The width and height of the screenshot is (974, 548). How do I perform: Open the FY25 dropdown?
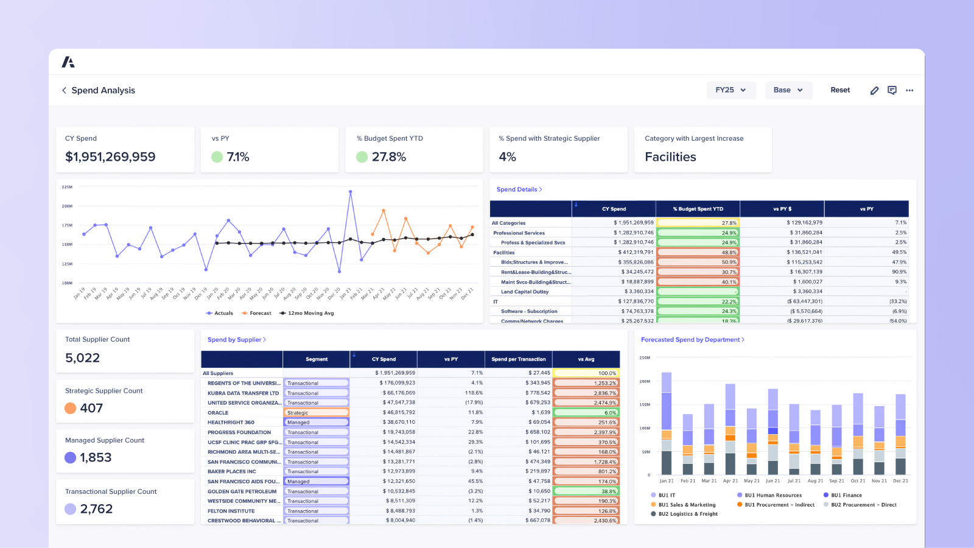[x=730, y=90]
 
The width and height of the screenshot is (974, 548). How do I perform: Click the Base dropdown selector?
[x=788, y=90]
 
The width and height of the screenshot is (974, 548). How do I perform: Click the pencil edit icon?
[x=874, y=90]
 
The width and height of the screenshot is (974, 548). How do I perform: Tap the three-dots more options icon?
[x=909, y=90]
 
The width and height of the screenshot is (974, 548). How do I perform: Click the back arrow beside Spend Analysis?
[x=64, y=90]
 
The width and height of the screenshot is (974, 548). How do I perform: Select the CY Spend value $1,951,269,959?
[x=110, y=157]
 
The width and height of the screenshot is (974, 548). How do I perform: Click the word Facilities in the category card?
[x=670, y=157]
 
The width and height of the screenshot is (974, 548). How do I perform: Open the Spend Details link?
[x=519, y=189]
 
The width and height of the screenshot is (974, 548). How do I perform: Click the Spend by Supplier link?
[x=236, y=340]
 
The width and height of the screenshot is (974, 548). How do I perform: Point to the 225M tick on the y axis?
[x=67, y=187]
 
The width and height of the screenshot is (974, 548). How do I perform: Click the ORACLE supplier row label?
[x=218, y=413]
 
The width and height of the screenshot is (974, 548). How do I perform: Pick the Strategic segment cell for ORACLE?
[x=316, y=413]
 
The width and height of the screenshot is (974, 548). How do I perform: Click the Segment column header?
[x=317, y=359]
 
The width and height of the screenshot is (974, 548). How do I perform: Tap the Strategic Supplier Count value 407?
[x=91, y=408]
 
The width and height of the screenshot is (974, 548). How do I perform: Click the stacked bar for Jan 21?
[x=667, y=426]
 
